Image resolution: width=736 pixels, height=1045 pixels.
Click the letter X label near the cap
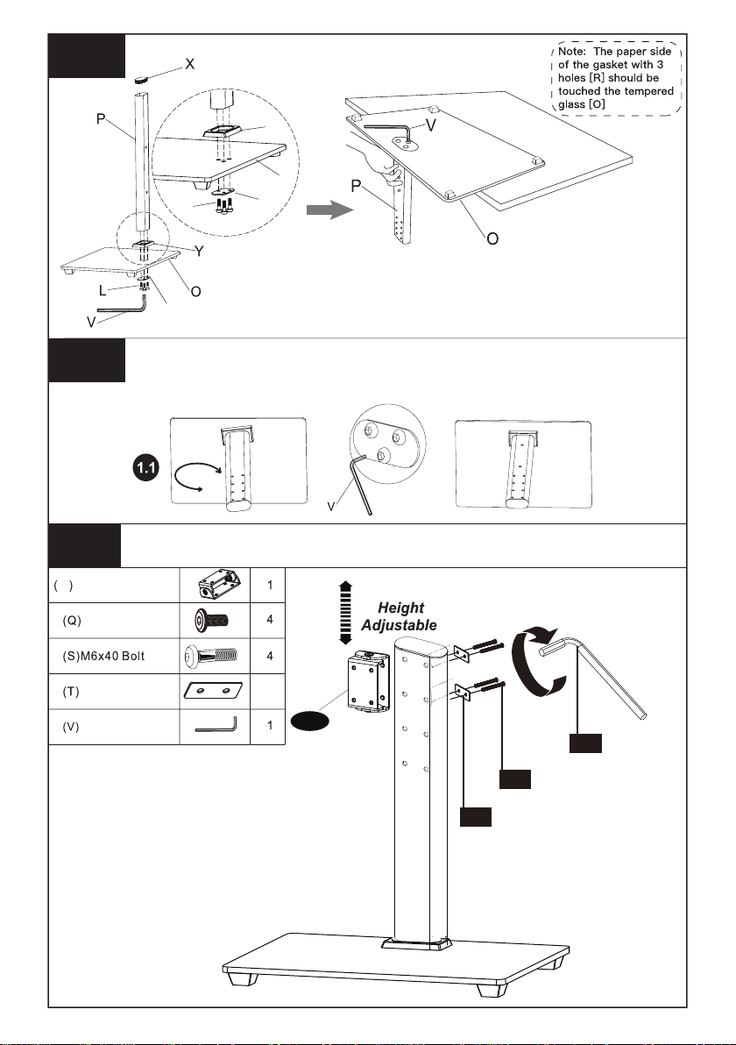[190, 64]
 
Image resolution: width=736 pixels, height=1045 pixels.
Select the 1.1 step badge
[145, 468]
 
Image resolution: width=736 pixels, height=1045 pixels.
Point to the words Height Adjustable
[399, 616]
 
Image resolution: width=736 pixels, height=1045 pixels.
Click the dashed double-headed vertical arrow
[345, 613]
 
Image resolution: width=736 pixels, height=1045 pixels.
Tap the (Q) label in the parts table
[72, 621]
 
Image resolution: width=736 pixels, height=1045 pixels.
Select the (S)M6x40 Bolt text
[103, 657]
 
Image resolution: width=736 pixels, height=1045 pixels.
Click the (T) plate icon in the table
[213, 691]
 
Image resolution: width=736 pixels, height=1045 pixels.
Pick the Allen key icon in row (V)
[216, 724]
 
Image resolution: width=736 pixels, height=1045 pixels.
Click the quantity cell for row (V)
[269, 726]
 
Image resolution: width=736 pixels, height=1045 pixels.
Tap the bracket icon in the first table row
[216, 585]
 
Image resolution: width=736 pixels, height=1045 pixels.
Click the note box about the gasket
[616, 77]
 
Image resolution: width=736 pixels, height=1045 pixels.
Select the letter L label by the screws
[102, 290]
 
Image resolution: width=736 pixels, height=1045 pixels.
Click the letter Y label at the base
[199, 251]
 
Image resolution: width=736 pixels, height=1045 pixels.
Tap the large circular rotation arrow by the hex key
[538, 662]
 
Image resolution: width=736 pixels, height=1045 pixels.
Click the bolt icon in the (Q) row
[212, 621]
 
